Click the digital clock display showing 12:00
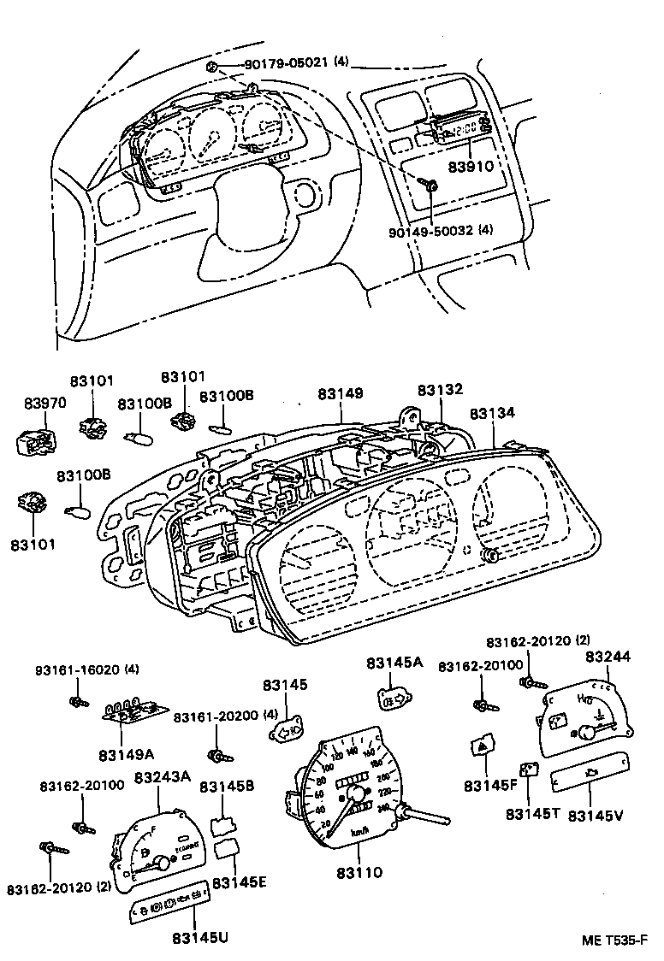[x=463, y=131]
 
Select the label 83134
[x=492, y=413]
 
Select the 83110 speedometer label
[x=359, y=873]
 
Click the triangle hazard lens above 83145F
[x=482, y=747]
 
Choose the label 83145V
[x=596, y=815]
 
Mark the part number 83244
[x=608, y=657]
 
